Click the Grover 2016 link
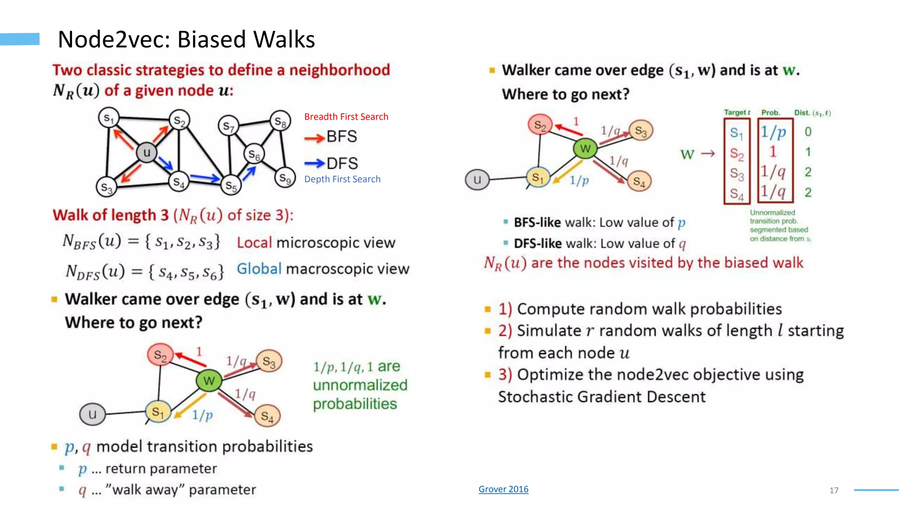click(x=503, y=489)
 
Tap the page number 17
click(x=834, y=491)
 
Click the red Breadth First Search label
click(x=346, y=117)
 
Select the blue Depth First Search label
click(x=342, y=179)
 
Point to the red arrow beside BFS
click(x=314, y=138)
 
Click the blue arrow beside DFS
click(x=314, y=163)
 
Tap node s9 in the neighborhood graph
click(x=285, y=178)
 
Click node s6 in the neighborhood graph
click(x=254, y=154)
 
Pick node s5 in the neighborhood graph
click(x=231, y=185)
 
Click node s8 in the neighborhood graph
click(x=280, y=121)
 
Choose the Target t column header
click(x=737, y=112)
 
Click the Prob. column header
click(x=770, y=113)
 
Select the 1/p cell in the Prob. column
click(x=773, y=132)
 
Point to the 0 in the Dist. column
click(x=808, y=132)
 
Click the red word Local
click(x=254, y=242)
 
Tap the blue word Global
click(x=259, y=268)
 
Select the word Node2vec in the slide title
click(x=114, y=40)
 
